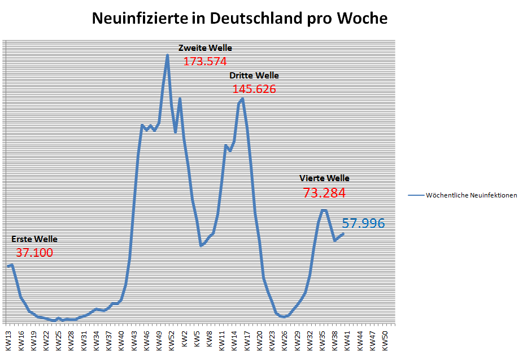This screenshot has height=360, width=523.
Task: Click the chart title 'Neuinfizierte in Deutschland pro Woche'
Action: click(239, 18)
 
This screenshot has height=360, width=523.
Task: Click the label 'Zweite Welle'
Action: click(205, 48)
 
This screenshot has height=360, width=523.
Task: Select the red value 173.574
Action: click(205, 62)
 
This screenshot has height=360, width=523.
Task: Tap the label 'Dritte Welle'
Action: click(254, 76)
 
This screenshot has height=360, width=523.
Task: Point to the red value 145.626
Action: click(254, 89)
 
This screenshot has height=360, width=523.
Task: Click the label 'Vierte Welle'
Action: click(324, 178)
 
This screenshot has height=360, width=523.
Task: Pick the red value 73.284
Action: click(324, 193)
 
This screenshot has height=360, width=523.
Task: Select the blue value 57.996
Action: click(364, 223)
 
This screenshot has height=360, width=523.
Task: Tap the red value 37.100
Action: click(34, 253)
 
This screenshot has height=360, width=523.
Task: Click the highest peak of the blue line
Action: click(167, 55)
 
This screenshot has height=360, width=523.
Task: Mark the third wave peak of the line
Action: click(242, 99)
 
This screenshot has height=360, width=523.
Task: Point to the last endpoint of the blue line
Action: click(343, 234)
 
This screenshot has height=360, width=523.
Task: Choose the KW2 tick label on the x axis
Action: click(184, 339)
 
